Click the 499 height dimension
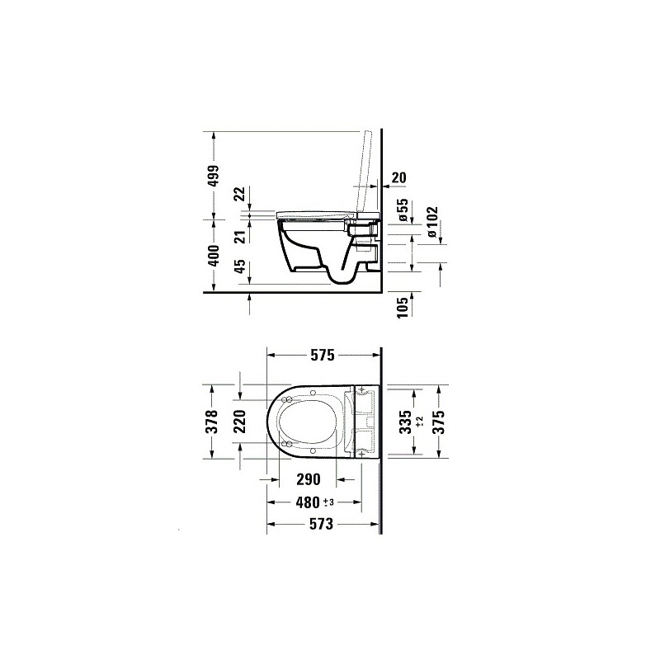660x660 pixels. pyautogui.click(x=214, y=176)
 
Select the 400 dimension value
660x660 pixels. pyautogui.click(x=214, y=256)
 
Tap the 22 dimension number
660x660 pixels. pyautogui.click(x=239, y=194)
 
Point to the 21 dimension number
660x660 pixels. pyautogui.click(x=239, y=238)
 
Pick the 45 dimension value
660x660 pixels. pyautogui.click(x=239, y=266)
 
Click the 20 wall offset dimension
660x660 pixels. pyautogui.click(x=399, y=177)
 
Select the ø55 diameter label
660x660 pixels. pyautogui.click(x=403, y=210)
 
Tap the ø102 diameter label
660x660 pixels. pyautogui.click(x=431, y=221)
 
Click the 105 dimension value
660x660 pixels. pyautogui.click(x=403, y=308)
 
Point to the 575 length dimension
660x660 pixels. pyautogui.click(x=323, y=356)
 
